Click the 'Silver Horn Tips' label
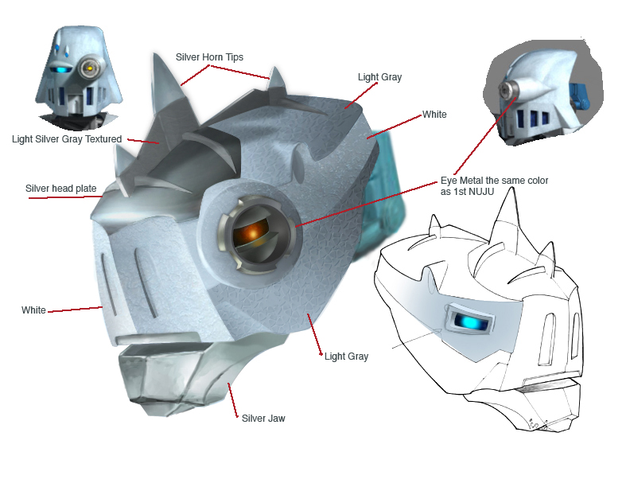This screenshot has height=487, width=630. point(210,57)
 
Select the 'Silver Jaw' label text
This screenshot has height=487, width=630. point(262,418)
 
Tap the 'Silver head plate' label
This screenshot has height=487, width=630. point(61,189)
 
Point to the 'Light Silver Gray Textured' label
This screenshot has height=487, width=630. point(67,139)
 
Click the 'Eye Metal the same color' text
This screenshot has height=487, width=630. point(494,181)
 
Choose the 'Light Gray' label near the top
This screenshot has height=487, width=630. point(380,77)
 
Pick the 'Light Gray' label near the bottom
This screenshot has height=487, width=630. point(346,356)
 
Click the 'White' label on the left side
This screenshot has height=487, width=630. point(33,310)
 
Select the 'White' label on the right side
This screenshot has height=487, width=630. point(434,115)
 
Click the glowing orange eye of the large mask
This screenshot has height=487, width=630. point(251,232)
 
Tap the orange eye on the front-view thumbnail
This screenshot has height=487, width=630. point(89,69)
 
